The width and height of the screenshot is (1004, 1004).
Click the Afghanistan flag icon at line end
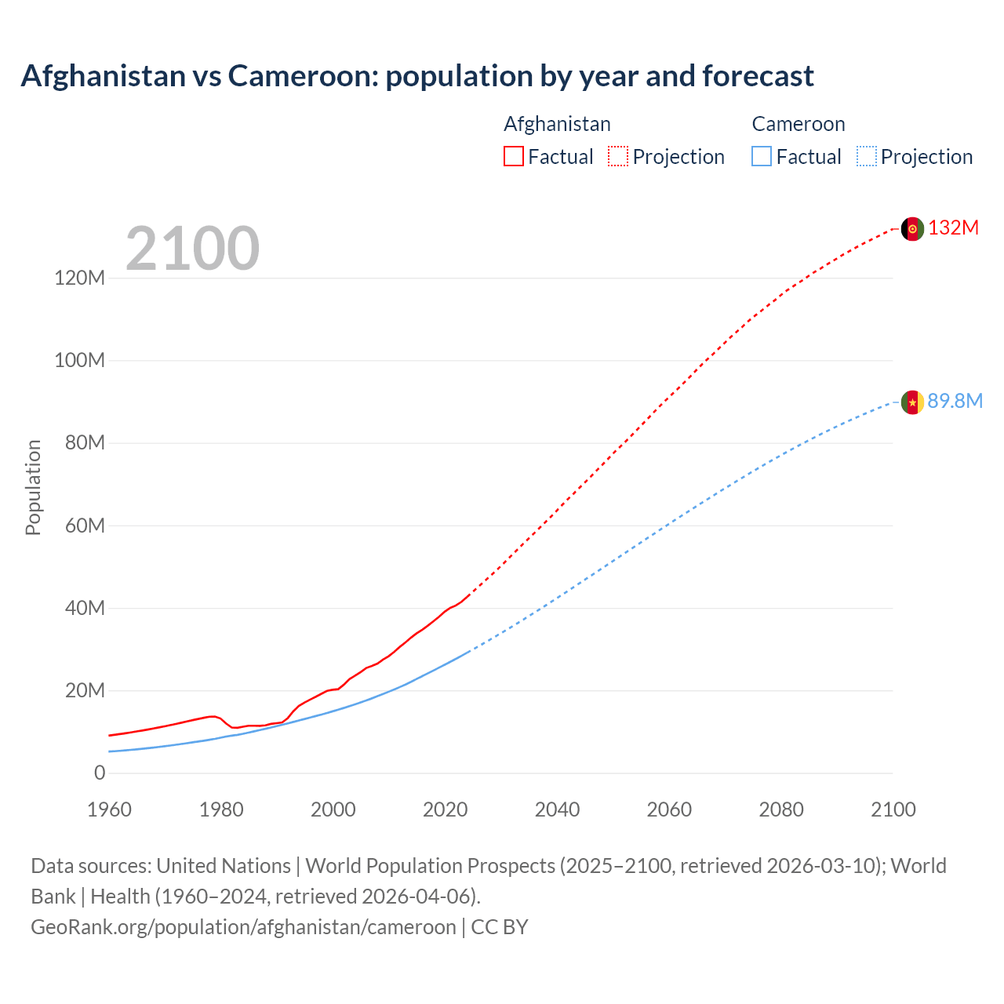click(912, 228)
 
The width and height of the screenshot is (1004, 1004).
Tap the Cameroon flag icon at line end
click(912, 402)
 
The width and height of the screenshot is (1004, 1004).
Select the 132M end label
click(953, 228)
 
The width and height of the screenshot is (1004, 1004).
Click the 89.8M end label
click(955, 402)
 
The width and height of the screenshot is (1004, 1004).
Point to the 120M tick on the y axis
click(79, 278)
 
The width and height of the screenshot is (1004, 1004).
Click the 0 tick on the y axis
click(100, 773)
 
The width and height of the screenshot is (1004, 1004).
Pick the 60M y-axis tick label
click(84, 526)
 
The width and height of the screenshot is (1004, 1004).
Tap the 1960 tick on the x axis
click(109, 809)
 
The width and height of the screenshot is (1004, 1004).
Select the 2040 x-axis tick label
click(557, 809)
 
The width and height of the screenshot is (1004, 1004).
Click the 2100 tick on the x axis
click(893, 809)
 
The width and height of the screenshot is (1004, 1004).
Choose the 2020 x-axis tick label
click(445, 809)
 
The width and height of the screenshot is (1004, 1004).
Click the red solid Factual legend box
click(513, 156)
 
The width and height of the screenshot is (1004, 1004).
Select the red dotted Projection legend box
click(618, 156)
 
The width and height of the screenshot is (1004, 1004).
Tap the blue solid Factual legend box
click(762, 156)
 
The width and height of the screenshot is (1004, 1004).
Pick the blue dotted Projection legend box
click(866, 156)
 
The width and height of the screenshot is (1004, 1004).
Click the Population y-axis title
click(33, 487)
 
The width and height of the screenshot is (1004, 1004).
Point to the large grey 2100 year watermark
click(192, 249)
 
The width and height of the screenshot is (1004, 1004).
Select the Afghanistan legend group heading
click(557, 124)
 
